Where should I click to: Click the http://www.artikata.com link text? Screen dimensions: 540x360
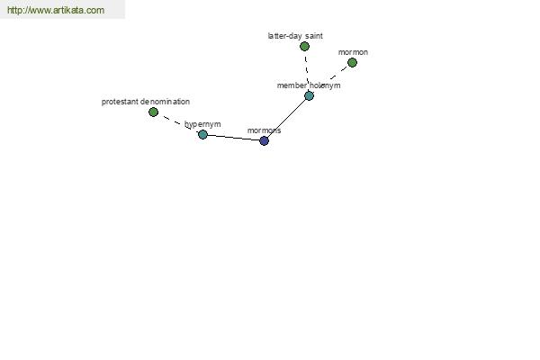[x=56, y=10]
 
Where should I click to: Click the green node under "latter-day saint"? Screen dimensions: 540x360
[x=304, y=46]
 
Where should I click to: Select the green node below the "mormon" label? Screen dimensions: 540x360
[x=352, y=63]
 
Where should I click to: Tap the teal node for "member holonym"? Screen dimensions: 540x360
[x=310, y=95]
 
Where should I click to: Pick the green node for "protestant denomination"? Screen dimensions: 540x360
[x=153, y=112]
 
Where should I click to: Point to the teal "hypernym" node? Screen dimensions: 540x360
[x=202, y=134]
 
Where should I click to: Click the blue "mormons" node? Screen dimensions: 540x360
[x=264, y=140]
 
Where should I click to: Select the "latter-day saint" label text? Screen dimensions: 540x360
[x=295, y=36]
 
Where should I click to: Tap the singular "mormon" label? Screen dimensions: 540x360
[x=353, y=52]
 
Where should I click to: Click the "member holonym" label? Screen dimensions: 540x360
[x=309, y=85]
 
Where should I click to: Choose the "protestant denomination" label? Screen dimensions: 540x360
[x=146, y=102]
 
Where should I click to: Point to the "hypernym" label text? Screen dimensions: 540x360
[x=202, y=124]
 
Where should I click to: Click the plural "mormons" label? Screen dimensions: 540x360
[x=264, y=130]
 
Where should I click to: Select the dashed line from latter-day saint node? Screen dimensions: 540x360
[x=307, y=68]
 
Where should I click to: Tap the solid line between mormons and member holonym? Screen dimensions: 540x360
[x=286, y=118]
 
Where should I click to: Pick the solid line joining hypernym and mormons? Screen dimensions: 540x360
[x=233, y=138]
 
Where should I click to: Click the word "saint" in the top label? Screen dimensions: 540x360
[x=313, y=36]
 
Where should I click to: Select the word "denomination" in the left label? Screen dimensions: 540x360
[x=165, y=102]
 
